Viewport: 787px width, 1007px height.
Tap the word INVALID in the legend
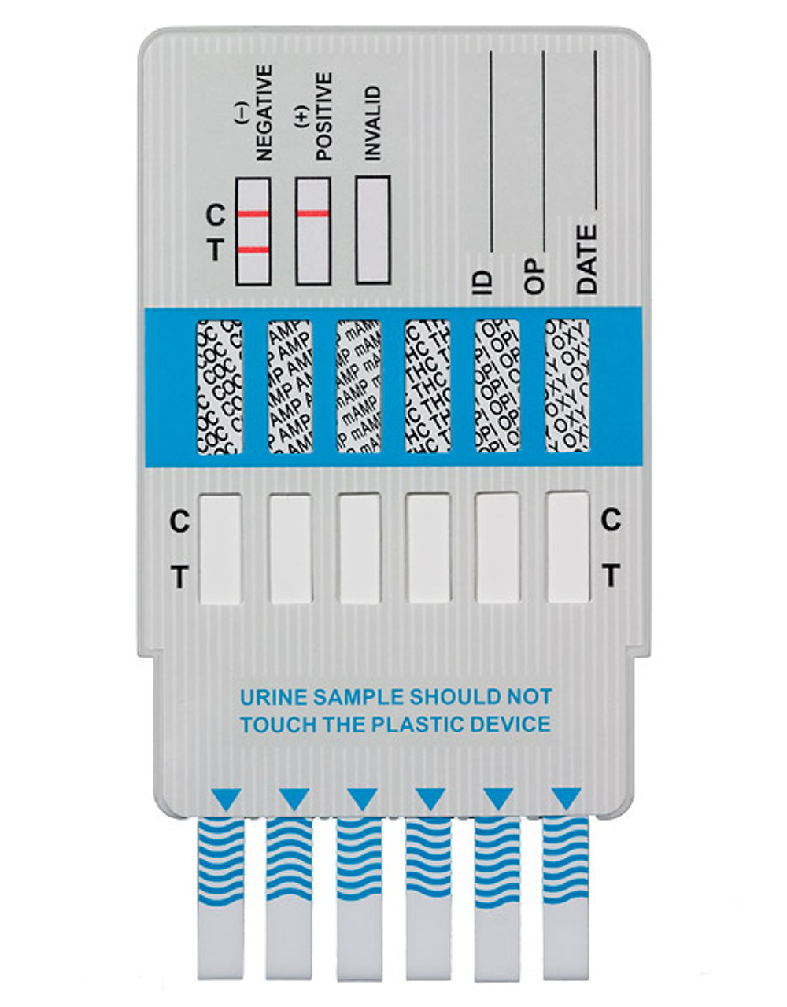(373, 124)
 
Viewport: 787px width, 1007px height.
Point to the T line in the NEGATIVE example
(253, 250)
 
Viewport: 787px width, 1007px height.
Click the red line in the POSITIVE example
(312, 213)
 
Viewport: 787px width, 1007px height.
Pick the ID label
(483, 280)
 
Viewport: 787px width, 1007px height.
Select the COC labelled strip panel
(220, 386)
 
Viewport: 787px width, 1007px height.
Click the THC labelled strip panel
(427, 386)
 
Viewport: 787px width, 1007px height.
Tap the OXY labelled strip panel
(567, 386)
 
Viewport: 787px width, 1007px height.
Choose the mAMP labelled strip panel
(358, 386)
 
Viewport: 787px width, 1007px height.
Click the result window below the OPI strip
(497, 548)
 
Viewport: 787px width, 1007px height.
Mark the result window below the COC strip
(220, 548)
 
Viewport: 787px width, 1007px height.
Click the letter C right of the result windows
(611, 519)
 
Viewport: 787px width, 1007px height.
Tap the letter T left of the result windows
(179, 577)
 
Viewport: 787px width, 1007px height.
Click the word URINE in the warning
(269, 697)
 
